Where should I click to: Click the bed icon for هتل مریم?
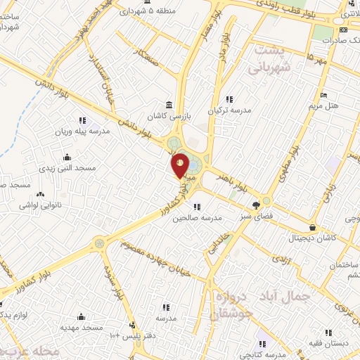323,96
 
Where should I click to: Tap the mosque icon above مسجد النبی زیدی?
67,157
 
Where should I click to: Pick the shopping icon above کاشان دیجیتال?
312,228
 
